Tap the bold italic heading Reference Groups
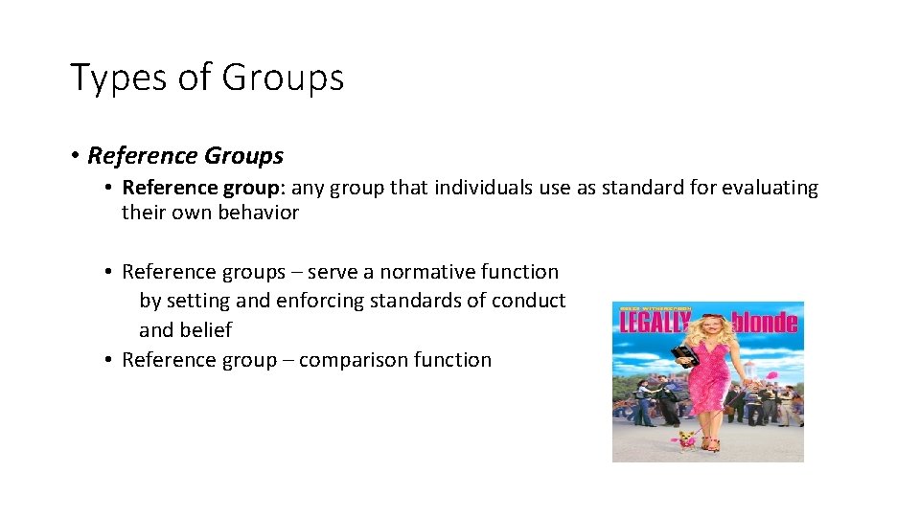pos(186,155)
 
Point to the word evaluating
pos(770,188)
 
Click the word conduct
pos(528,301)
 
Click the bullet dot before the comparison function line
pos(109,360)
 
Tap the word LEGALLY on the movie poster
pos(655,323)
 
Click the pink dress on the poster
pos(710,383)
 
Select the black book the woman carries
pos(682,357)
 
